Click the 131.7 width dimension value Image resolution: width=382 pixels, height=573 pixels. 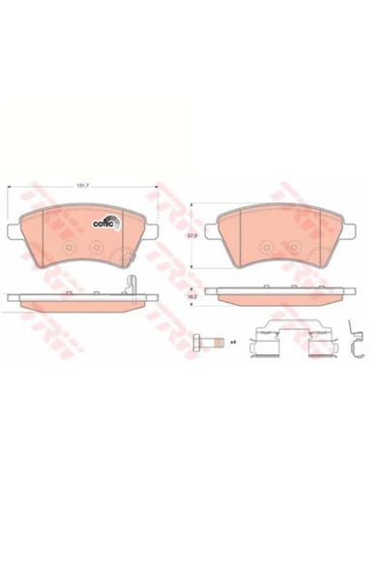pyautogui.click(x=82, y=186)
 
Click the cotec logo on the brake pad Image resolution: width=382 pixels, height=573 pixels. pyautogui.click(x=104, y=220)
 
